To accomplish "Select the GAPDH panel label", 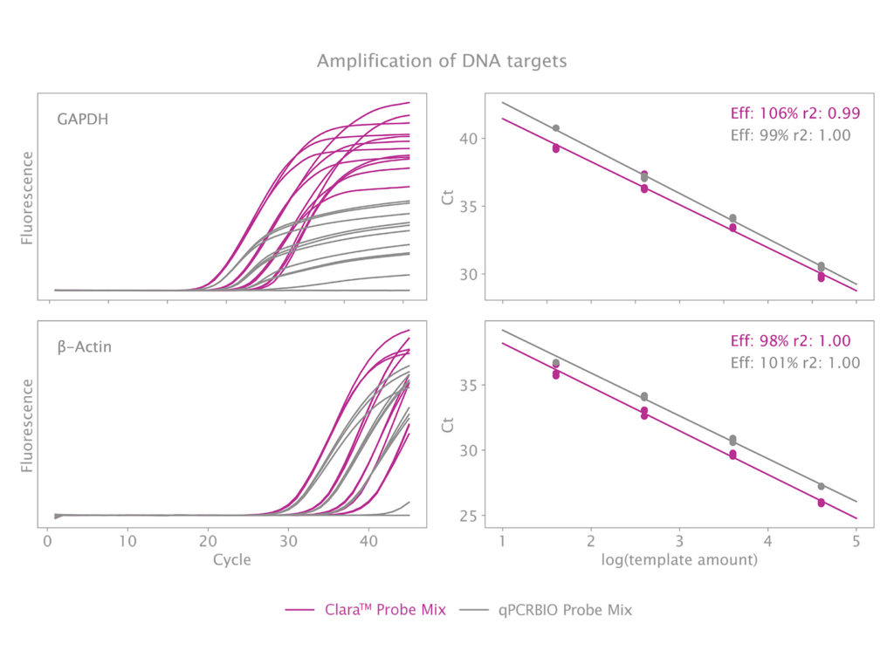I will [83, 120].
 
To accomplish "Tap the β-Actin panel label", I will [85, 346].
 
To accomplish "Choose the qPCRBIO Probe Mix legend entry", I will [565, 610].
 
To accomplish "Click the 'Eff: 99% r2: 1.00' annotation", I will [790, 135].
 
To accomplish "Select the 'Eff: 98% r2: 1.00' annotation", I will [790, 341].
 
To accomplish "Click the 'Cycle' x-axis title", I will [231, 559].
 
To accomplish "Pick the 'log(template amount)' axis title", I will [678, 559].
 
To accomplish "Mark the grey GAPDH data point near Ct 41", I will [556, 128].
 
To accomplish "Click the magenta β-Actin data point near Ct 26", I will [822, 503].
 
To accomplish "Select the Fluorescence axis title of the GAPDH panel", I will [27, 198].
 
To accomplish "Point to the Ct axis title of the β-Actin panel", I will [449, 425].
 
